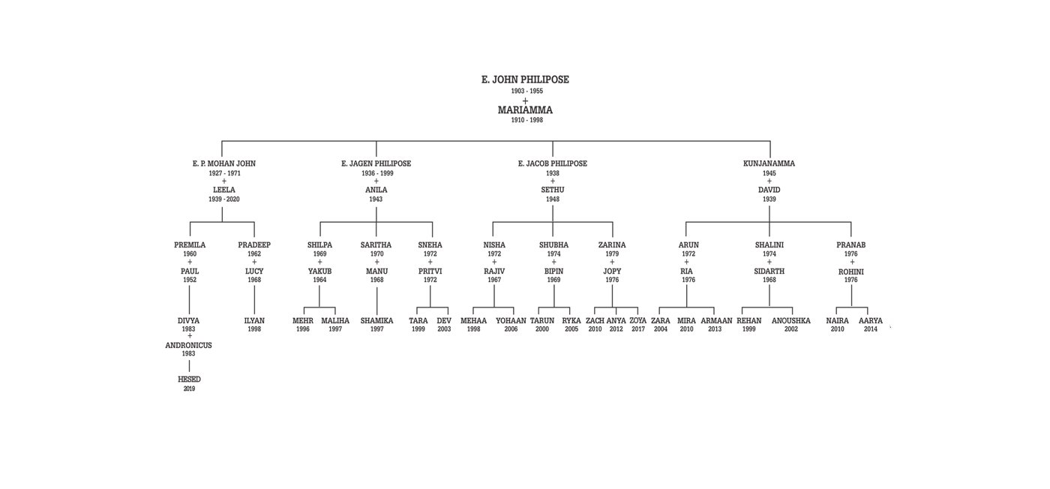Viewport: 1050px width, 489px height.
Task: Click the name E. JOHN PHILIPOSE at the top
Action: (x=525, y=79)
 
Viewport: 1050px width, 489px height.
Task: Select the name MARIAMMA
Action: (x=525, y=110)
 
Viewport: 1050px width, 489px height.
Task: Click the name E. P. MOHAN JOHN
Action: (x=224, y=163)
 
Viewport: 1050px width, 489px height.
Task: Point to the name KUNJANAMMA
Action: (x=769, y=163)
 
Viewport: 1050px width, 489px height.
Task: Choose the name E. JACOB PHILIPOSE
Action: (x=553, y=163)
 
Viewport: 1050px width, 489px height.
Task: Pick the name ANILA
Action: (x=376, y=190)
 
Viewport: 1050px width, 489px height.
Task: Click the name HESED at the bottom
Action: (x=189, y=379)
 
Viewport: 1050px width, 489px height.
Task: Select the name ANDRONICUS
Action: (x=189, y=346)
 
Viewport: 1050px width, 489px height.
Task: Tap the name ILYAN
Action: (x=254, y=321)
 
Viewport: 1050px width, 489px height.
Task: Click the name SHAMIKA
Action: (x=376, y=321)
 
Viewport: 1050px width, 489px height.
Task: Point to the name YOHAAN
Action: (x=511, y=321)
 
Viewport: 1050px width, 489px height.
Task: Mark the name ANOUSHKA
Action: (x=791, y=321)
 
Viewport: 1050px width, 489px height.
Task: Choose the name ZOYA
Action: (x=638, y=321)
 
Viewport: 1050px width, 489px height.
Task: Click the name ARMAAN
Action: (x=716, y=321)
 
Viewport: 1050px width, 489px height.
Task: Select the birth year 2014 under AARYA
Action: (x=871, y=329)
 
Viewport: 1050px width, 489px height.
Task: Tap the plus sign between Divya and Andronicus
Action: (x=189, y=336)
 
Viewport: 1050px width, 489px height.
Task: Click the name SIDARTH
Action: (x=769, y=271)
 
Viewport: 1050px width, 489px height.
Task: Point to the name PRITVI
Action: (x=430, y=271)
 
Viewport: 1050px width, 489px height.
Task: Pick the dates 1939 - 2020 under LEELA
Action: (x=224, y=199)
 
